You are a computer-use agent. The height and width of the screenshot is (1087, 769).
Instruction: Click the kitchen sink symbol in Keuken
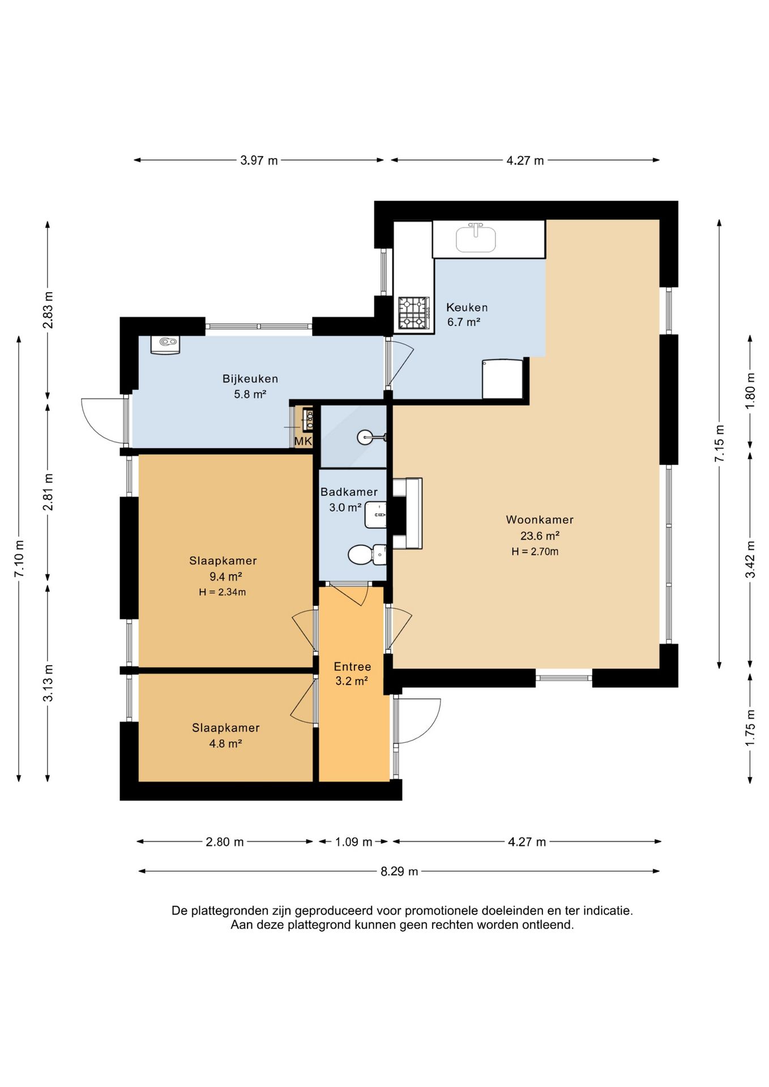click(476, 238)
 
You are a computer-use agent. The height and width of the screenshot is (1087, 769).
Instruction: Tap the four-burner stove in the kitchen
click(413, 313)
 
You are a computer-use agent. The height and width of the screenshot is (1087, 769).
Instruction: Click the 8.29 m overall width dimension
click(399, 871)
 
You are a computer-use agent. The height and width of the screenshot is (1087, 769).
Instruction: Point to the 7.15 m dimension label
click(719, 443)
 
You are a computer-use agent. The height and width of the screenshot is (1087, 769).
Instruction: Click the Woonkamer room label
click(539, 520)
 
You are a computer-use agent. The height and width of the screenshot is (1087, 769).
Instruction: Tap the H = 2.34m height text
click(222, 592)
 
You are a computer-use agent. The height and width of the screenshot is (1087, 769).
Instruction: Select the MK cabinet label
click(303, 441)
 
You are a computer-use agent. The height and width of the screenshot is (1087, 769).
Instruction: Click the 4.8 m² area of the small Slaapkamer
click(225, 744)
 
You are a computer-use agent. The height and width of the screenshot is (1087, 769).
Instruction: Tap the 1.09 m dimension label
click(353, 842)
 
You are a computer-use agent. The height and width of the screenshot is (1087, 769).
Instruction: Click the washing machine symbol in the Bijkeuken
click(165, 344)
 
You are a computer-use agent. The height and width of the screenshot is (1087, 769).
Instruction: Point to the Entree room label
click(352, 666)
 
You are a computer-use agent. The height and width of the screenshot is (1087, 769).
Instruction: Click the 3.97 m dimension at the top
click(259, 160)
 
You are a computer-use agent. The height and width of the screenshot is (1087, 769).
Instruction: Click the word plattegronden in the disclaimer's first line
click(229, 911)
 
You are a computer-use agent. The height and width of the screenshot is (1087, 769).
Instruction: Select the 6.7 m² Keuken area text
click(463, 322)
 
